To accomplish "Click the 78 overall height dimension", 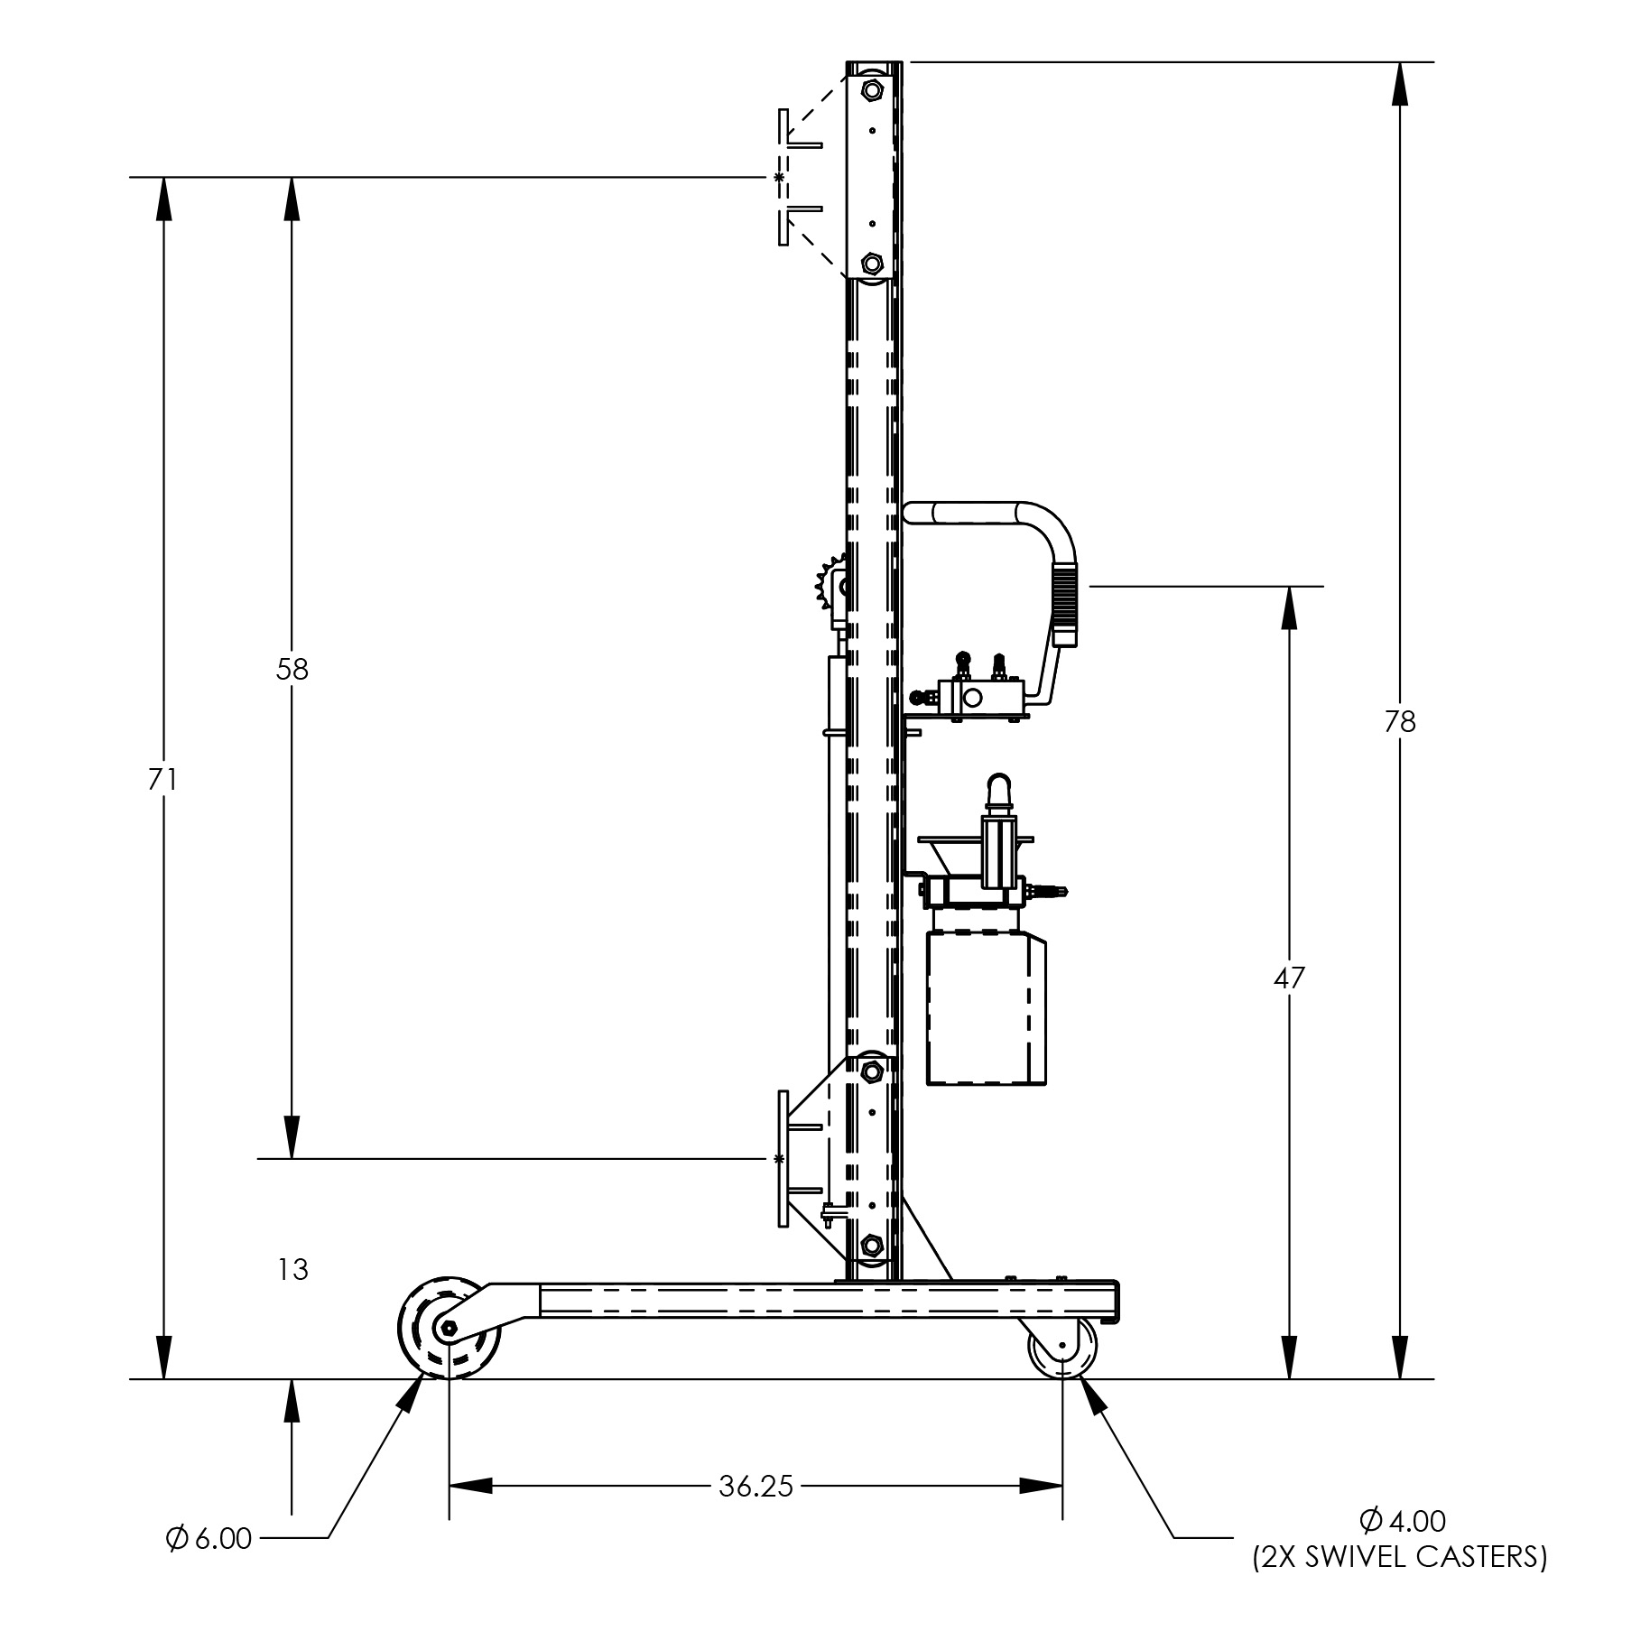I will pos(1400,722).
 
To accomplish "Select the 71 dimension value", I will pos(163,779).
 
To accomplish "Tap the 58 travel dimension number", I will pos(292,669).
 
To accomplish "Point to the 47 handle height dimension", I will pos(1289,978).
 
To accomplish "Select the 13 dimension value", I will pos(292,1270).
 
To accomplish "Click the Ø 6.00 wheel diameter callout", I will pos(209,1538).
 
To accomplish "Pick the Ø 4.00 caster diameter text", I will pos(1401,1521).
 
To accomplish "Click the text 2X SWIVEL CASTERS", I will pos(1399,1557).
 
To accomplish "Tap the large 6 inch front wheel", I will pos(449,1328).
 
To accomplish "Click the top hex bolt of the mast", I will pos(872,90).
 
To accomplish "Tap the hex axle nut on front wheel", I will pos(449,1328).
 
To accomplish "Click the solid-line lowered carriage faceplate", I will pos(783,1158).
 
